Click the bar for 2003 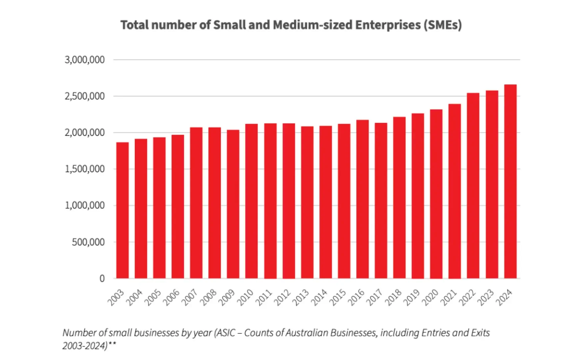(x=122, y=210)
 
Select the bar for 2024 (x=510, y=182)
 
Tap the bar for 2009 (x=233, y=204)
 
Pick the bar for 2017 (x=381, y=201)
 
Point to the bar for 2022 (x=473, y=186)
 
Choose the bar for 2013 (x=307, y=202)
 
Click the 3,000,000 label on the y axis (x=85, y=60)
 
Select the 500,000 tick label (x=88, y=242)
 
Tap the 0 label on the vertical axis (x=102, y=278)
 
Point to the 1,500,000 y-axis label (x=85, y=169)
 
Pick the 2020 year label (x=430, y=297)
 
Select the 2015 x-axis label (x=338, y=297)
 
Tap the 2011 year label (x=264, y=297)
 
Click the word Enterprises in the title (x=388, y=25)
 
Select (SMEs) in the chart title (x=443, y=25)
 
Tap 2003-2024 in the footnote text (x=85, y=346)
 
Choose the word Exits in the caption (x=480, y=333)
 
